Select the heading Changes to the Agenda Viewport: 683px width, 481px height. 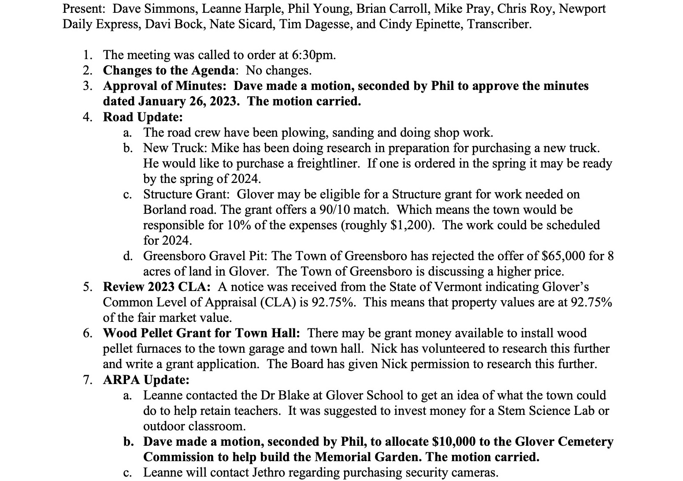tap(169, 71)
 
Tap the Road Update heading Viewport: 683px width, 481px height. tap(143, 117)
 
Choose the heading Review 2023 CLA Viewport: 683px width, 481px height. tap(156, 287)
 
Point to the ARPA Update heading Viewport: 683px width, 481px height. tap(146, 380)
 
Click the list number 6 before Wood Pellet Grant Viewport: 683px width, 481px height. tap(88, 333)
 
